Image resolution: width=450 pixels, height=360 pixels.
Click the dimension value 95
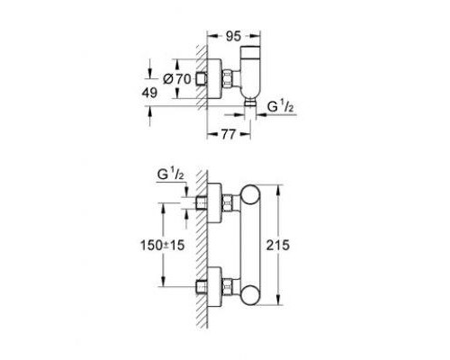pyautogui.click(x=233, y=37)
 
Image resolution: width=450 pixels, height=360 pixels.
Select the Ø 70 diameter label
pyautogui.click(x=177, y=79)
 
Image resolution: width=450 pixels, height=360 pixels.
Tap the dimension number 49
pyautogui.click(x=149, y=93)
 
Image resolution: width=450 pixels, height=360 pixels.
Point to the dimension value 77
pyautogui.click(x=229, y=134)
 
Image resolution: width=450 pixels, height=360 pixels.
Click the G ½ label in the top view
pyautogui.click(x=280, y=107)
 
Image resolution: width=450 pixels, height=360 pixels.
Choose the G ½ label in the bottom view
pyautogui.click(x=170, y=175)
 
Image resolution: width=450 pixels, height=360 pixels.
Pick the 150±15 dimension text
pyautogui.click(x=162, y=246)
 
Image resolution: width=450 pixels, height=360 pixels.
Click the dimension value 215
pyautogui.click(x=278, y=245)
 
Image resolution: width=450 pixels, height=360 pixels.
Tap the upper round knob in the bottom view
pyautogui.click(x=251, y=195)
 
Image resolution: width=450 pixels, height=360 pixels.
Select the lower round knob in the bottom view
pyautogui.click(x=251, y=295)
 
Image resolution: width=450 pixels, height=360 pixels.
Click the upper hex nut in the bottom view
pyautogui.click(x=228, y=203)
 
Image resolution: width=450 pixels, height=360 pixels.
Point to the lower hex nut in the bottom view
pyautogui.click(x=228, y=288)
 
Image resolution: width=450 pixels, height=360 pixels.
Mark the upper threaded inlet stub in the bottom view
pyautogui.click(x=202, y=202)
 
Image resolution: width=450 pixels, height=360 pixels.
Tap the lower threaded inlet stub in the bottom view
pyautogui.click(x=202, y=287)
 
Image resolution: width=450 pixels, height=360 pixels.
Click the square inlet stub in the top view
pyautogui.click(x=202, y=79)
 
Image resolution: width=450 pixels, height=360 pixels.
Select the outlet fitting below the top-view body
pyautogui.click(x=250, y=102)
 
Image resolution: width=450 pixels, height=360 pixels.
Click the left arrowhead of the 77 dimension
pyautogui.click(x=212, y=135)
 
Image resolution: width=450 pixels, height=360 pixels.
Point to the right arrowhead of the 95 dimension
pyautogui.click(x=255, y=36)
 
